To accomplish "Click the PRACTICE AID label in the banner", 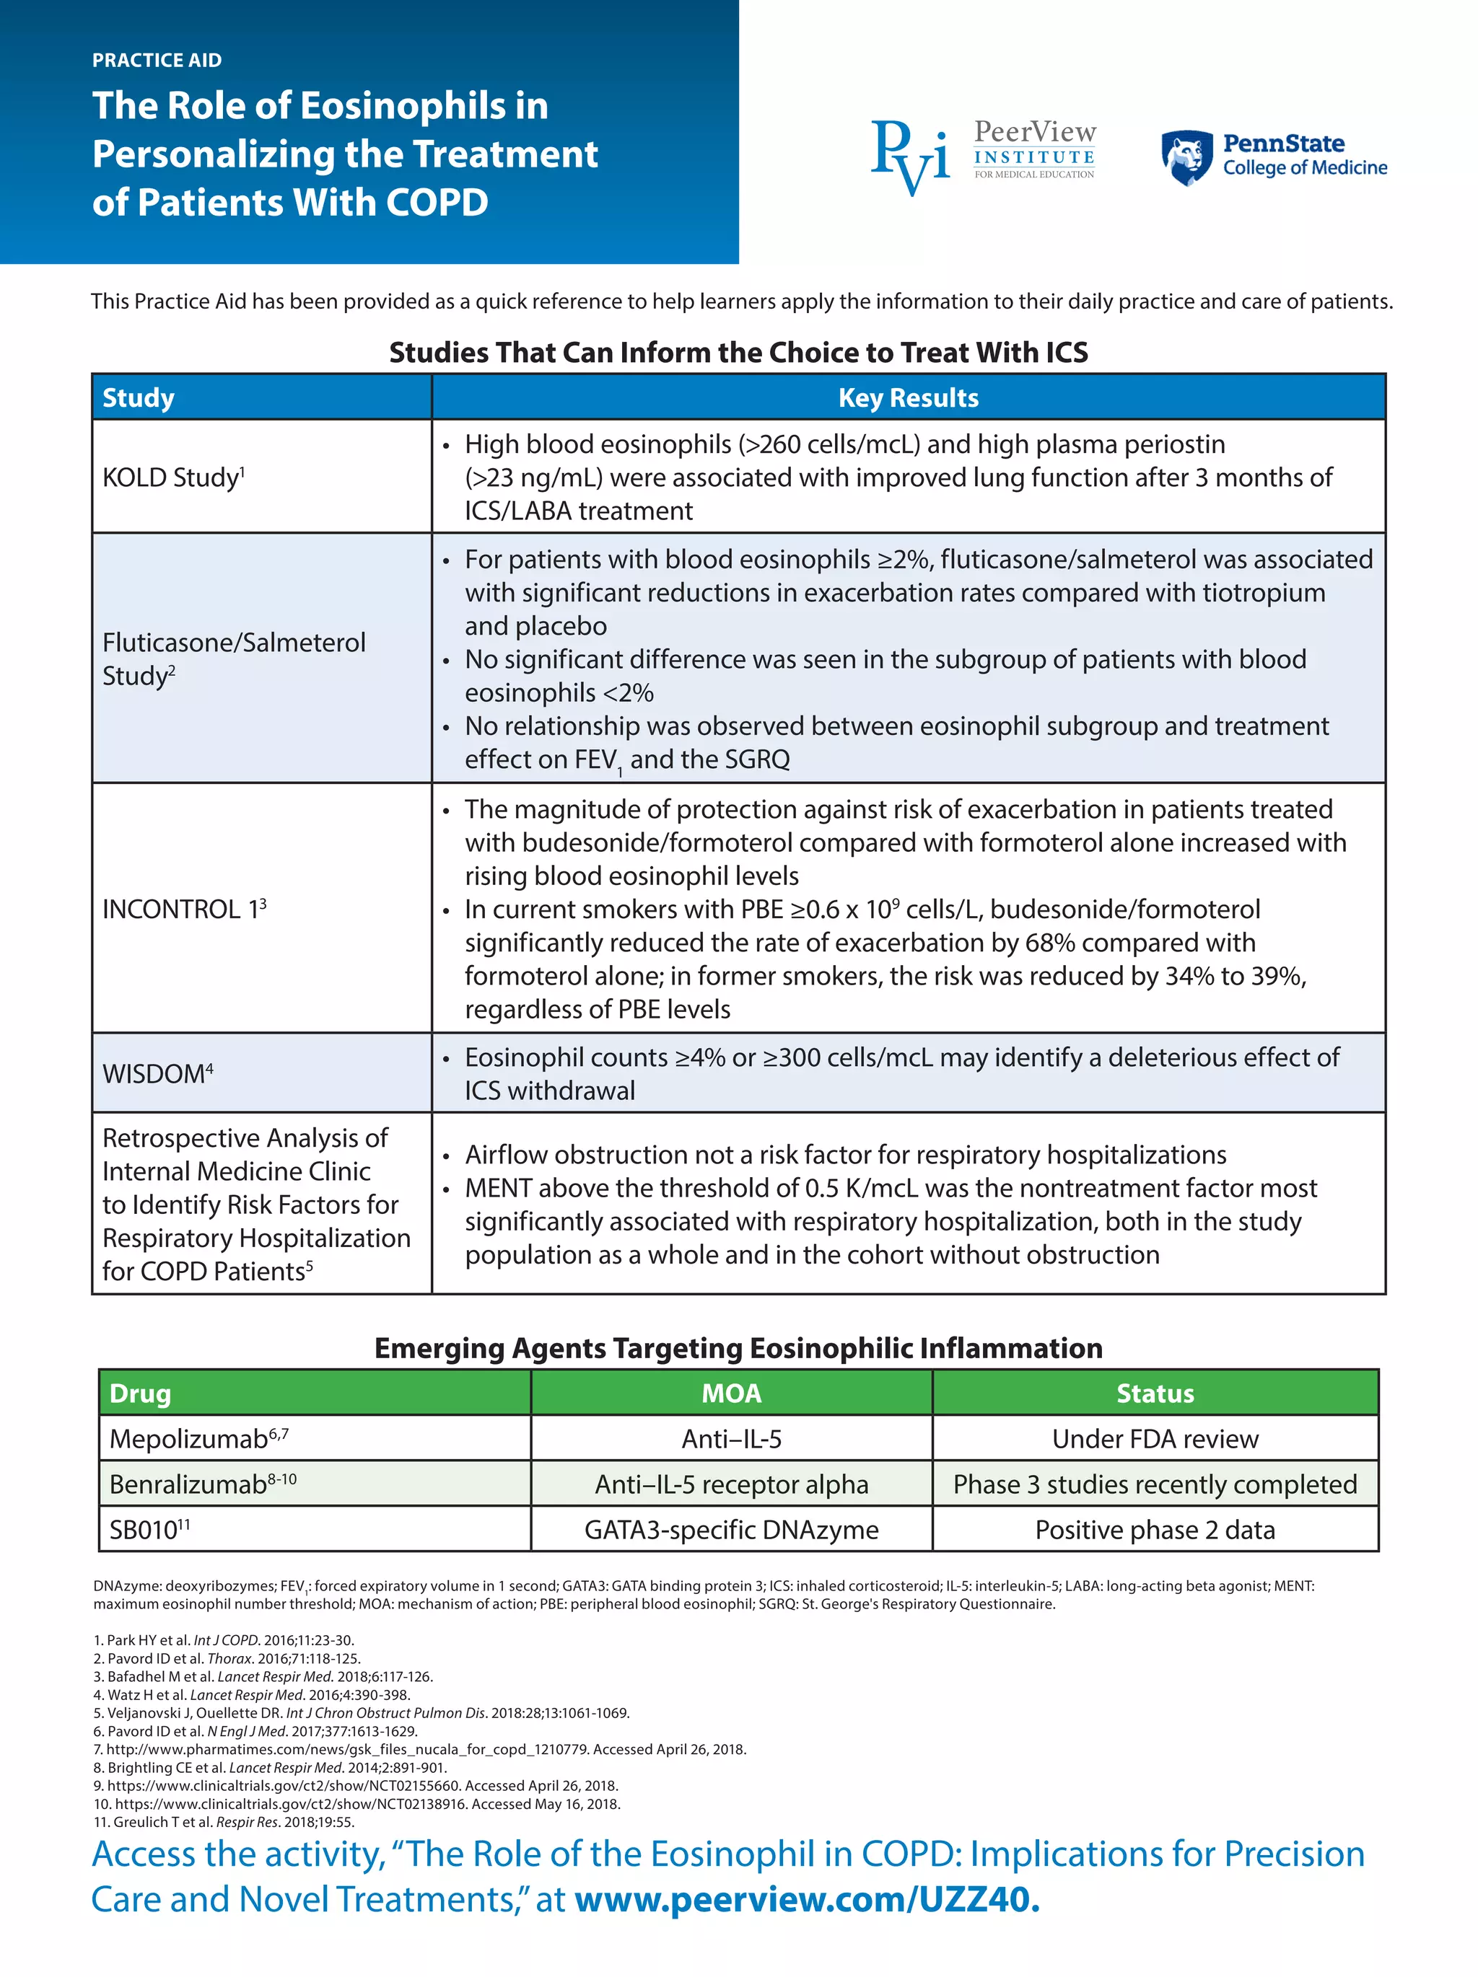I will point(157,60).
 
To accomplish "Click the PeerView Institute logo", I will point(984,157).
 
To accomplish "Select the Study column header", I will point(139,397).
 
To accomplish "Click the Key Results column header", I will point(908,397).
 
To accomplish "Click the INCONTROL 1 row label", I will point(183,909).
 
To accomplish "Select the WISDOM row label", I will point(157,1073).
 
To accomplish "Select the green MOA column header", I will point(730,1393).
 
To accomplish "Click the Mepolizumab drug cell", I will point(198,1439).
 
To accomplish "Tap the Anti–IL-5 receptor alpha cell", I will point(730,1484).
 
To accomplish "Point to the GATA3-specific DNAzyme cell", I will point(730,1530).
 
